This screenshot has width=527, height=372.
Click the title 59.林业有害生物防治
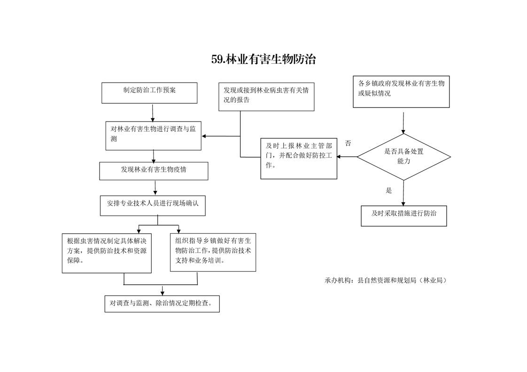(263, 60)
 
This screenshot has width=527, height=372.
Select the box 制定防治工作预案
(149, 93)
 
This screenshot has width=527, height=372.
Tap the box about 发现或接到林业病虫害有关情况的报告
(266, 97)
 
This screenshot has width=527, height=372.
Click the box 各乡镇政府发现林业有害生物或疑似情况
(401, 91)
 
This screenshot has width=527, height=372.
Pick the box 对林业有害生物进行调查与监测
(153, 136)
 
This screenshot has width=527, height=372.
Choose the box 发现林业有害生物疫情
(154, 171)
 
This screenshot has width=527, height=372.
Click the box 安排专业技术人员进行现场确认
(153, 206)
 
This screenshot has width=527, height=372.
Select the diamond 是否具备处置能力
(403, 157)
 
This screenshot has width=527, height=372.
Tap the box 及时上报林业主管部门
(299, 159)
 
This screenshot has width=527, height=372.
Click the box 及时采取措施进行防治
(403, 216)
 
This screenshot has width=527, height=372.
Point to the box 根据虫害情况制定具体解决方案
(107, 253)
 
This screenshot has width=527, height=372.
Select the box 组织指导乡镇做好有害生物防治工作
(213, 252)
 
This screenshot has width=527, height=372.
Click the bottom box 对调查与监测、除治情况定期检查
(162, 304)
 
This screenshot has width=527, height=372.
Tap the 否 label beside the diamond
(348, 144)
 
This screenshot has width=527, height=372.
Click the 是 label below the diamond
(389, 191)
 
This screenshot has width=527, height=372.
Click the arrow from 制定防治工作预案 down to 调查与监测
(153, 113)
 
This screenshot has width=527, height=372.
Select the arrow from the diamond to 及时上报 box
(347, 157)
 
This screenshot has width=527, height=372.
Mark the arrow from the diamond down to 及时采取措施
(403, 193)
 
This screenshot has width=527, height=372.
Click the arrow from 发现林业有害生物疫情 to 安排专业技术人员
(155, 188)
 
